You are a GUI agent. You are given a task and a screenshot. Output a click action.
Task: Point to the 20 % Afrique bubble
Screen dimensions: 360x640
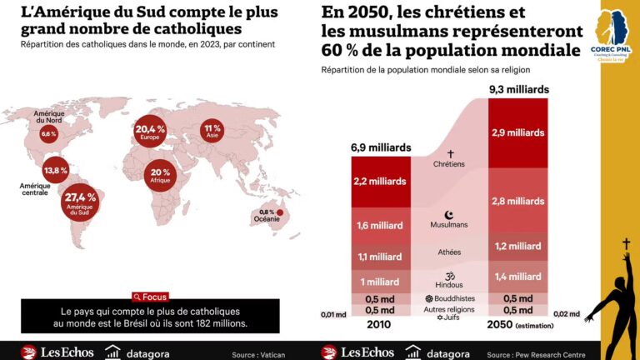coord(160,175)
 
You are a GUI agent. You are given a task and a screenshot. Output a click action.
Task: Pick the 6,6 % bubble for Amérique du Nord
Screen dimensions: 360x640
coord(48,134)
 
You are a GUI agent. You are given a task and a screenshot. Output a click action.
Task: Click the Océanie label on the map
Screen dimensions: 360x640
coord(266,219)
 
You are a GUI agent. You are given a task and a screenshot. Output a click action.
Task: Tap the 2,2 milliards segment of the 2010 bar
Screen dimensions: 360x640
coord(379,181)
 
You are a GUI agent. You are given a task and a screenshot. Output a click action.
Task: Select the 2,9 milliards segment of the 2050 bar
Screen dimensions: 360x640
coord(518,132)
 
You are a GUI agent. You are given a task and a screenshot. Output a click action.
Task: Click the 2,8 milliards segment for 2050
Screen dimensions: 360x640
coord(518,201)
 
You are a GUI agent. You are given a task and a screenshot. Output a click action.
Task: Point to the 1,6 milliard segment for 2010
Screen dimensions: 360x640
coord(379,226)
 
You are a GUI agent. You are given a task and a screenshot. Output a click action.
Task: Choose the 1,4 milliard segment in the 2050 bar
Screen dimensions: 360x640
coord(518,276)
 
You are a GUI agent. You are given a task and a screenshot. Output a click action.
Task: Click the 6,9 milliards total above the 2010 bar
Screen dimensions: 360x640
coord(380,147)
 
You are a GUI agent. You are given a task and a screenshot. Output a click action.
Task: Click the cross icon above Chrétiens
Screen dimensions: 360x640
coord(450,153)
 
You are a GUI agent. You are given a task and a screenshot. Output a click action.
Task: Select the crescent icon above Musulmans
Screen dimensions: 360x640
coord(449,214)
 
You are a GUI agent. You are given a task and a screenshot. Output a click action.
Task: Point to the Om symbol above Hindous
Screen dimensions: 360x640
coord(449,274)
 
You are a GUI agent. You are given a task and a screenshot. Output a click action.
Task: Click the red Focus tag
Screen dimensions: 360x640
coord(150,297)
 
